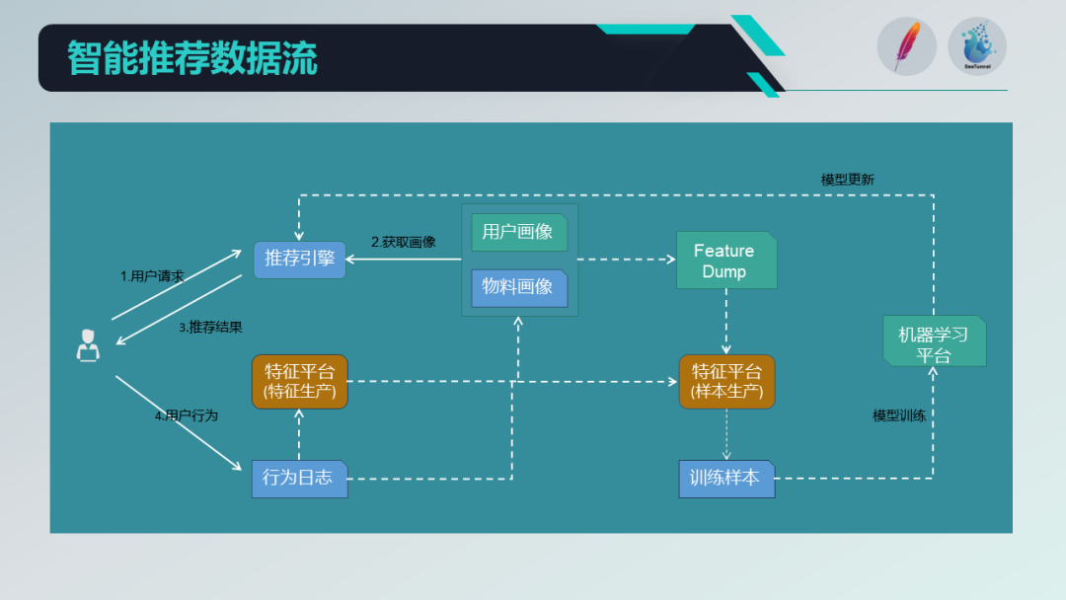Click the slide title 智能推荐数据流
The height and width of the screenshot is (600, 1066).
pyautogui.click(x=192, y=58)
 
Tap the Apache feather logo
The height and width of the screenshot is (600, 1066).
pyautogui.click(x=906, y=46)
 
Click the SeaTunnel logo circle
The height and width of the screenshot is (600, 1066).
pyautogui.click(x=977, y=46)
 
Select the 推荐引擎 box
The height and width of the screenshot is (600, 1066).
pyautogui.click(x=300, y=260)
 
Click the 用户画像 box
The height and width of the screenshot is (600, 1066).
pyautogui.click(x=519, y=233)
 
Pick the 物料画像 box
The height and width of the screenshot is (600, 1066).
pyautogui.click(x=519, y=288)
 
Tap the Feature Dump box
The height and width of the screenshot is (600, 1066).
pyautogui.click(x=725, y=262)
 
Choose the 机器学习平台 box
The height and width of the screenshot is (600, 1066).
pyautogui.click(x=934, y=342)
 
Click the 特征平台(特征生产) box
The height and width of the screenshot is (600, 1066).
pyautogui.click(x=300, y=382)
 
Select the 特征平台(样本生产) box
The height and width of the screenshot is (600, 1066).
pyautogui.click(x=726, y=382)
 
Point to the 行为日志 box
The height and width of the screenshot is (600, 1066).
pyautogui.click(x=299, y=479)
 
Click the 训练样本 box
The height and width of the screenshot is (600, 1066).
pyautogui.click(x=726, y=479)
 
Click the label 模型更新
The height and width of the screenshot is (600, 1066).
pyautogui.click(x=847, y=180)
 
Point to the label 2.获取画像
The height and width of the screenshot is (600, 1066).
pyautogui.click(x=403, y=242)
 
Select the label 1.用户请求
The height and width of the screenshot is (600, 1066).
pyautogui.click(x=152, y=276)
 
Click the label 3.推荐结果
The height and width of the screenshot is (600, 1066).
pyautogui.click(x=210, y=327)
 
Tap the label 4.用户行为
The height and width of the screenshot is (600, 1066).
pyautogui.click(x=186, y=415)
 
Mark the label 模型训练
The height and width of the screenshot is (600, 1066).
pyautogui.click(x=899, y=415)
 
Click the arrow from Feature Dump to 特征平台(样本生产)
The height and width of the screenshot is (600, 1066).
pyautogui.click(x=726, y=322)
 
